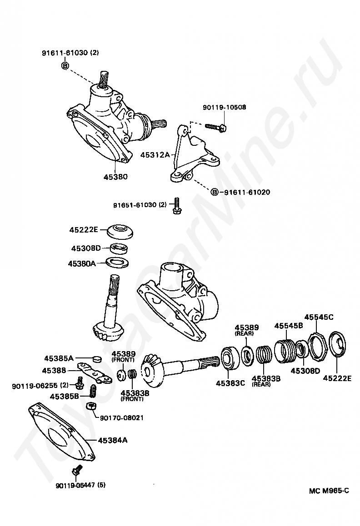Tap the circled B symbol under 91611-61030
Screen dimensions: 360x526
coord(65,65)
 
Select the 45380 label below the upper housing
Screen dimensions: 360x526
coord(115,176)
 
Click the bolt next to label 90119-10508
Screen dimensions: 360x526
coord(215,126)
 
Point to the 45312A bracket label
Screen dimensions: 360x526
coord(155,155)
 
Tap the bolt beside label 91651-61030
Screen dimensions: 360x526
coord(177,206)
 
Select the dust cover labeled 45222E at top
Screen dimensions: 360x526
coord(120,231)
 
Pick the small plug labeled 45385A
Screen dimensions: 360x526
coord(97,359)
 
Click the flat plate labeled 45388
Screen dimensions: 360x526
coord(95,372)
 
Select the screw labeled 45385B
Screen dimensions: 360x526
coord(94,390)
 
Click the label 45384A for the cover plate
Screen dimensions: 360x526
coord(113,440)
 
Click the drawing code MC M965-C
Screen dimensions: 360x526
coord(329,491)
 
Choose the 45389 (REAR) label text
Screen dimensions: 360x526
coord(246,330)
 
